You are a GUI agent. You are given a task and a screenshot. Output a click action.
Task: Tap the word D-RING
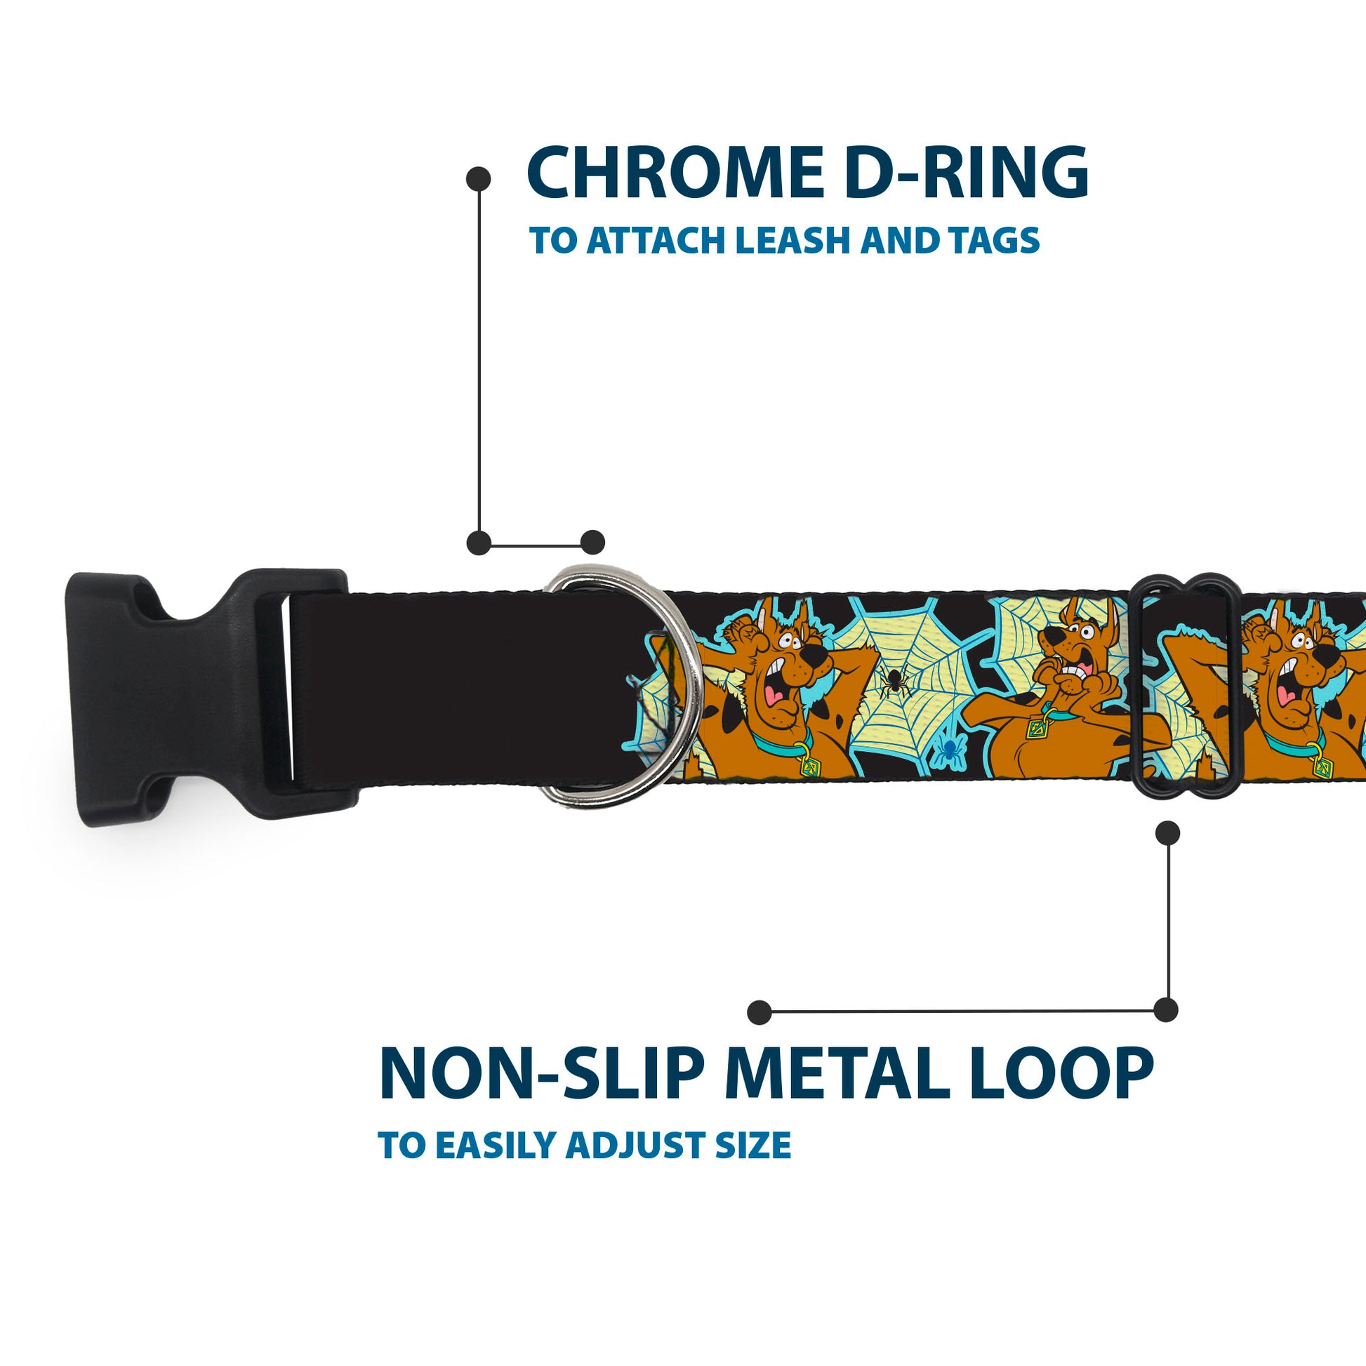pyautogui.click(x=967, y=173)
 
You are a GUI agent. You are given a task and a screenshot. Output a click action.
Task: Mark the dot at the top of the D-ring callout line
pyautogui.click(x=479, y=179)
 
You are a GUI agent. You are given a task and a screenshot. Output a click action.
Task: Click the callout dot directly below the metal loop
pyautogui.click(x=1167, y=833)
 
